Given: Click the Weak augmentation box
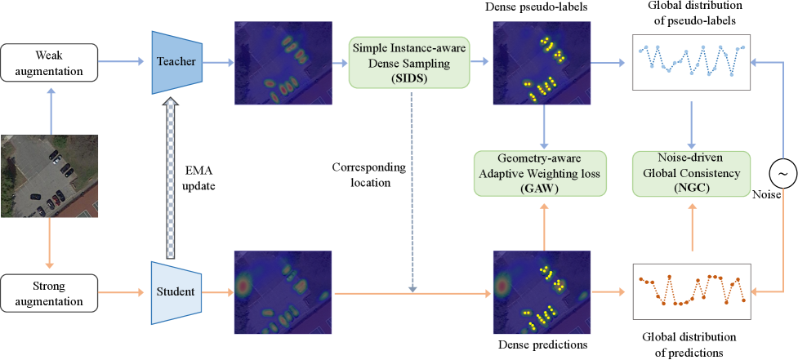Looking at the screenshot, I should coord(50,62).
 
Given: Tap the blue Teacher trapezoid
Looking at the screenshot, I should coord(176,62).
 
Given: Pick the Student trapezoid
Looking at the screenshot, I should coord(176,291).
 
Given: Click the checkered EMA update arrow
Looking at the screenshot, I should coord(171,176).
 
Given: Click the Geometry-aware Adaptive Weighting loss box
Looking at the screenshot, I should coord(542,173).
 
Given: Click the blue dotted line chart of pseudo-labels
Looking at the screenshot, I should coord(693,62).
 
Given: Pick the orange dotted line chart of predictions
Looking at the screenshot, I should coord(693,291).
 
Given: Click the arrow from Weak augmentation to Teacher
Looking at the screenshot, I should coord(123,62).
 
